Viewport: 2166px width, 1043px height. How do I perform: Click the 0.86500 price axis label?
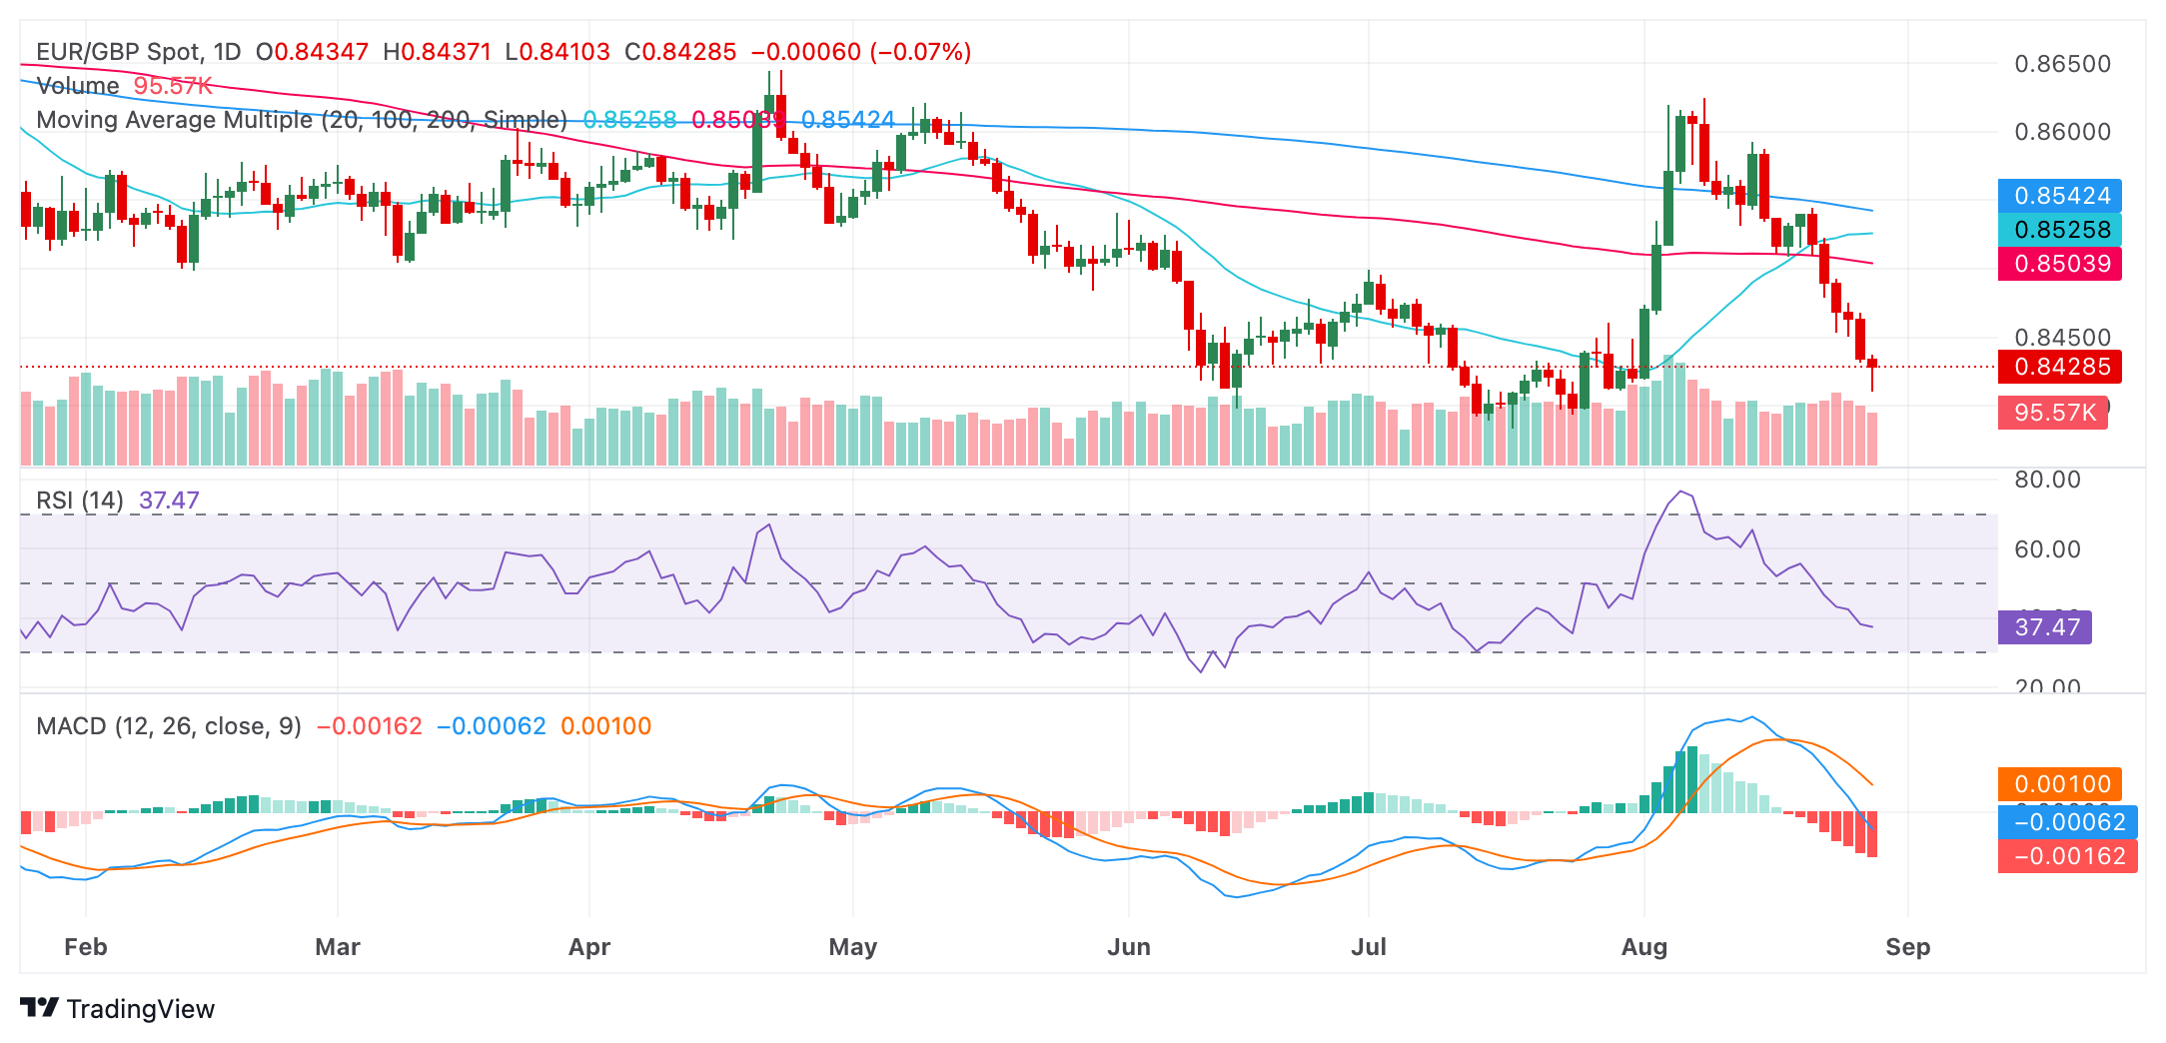coord(2062,64)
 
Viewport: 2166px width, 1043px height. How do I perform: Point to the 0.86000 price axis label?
coord(2062,132)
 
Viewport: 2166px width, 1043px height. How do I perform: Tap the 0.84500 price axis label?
coord(2062,338)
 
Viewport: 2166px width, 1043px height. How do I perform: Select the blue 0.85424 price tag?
coord(2061,196)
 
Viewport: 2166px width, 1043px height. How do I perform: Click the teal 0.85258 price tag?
coord(2061,230)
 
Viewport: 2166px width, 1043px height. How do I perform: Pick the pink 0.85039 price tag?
coord(2061,264)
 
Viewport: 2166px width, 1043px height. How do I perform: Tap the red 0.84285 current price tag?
coord(2061,367)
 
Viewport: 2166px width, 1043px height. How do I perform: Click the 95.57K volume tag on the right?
coord(2053,413)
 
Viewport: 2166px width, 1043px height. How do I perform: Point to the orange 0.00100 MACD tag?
coord(2061,784)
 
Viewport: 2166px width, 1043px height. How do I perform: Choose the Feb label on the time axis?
coord(86,947)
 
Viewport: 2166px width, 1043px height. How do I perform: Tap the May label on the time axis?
coord(853,947)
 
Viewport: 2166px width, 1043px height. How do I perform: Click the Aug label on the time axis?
coord(1644,947)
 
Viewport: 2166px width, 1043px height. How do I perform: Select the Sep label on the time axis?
coord(1907,947)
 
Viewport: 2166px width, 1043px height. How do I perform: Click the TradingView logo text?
coord(140,1009)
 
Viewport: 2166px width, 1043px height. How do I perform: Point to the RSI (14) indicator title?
coord(80,501)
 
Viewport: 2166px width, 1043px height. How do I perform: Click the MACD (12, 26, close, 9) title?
coord(169,726)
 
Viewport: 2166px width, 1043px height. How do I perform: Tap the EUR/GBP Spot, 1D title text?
coord(139,52)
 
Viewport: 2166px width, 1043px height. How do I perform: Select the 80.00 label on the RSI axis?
coord(2047,480)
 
